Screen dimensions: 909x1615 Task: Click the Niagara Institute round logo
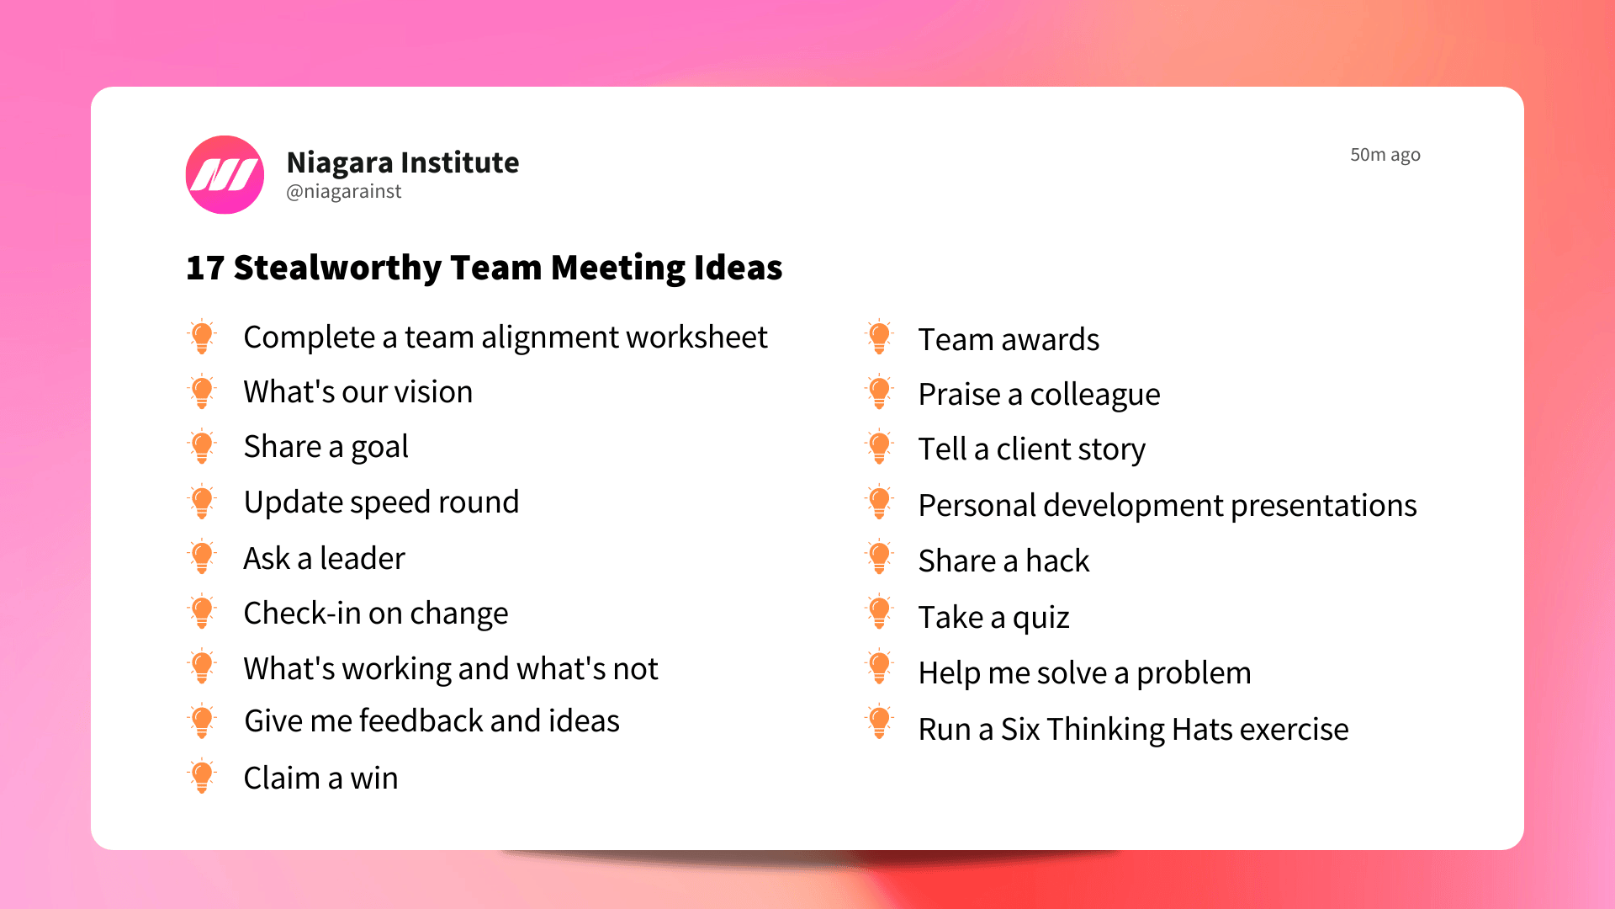[225, 174]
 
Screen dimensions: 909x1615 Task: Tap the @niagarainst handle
[343, 192]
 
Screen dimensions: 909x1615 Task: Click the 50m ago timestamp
[1385, 155]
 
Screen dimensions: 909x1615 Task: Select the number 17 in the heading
[204, 268]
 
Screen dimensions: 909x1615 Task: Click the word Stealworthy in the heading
[337, 268]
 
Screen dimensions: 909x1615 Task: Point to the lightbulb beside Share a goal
[202, 446]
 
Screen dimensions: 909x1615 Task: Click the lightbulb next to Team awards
[879, 338]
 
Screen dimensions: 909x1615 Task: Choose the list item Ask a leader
[324, 558]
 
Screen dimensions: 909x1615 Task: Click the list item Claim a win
[320, 778]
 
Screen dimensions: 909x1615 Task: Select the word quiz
[1040, 618]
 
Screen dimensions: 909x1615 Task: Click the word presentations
[1323, 506]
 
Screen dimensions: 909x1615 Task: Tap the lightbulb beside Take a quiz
[879, 613]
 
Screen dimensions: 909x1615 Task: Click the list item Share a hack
[1003, 561]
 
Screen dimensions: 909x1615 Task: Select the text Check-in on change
[375, 614]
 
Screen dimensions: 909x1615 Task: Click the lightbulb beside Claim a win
[202, 777]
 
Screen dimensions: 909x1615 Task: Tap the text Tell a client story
[1031, 449]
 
